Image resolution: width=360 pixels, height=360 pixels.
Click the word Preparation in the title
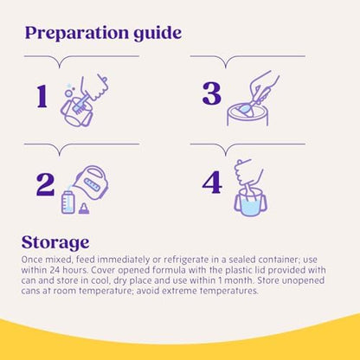pos(77,34)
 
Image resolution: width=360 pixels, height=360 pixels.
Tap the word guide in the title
pos(157,34)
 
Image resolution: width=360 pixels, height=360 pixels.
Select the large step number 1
pos(42,96)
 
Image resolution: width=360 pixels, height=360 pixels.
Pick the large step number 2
pos(45,185)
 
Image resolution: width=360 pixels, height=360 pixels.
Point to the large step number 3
pos(212,93)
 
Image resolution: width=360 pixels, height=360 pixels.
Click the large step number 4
pos(212,183)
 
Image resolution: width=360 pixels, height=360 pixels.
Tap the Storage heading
pos(55,243)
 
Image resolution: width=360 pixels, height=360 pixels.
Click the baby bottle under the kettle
pos(67,202)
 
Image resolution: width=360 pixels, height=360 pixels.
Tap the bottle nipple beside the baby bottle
pos(84,209)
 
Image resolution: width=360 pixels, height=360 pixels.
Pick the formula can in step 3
pos(247,114)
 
